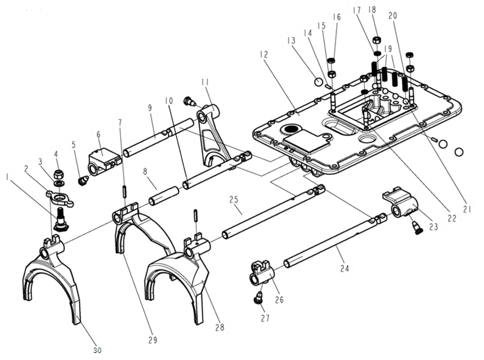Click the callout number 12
[264, 54]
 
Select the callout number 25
[233, 200]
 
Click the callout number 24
[344, 266]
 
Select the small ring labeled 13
[318, 82]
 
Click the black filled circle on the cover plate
[291, 129]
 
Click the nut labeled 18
[376, 41]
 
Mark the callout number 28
[219, 326]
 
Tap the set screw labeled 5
[83, 180]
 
